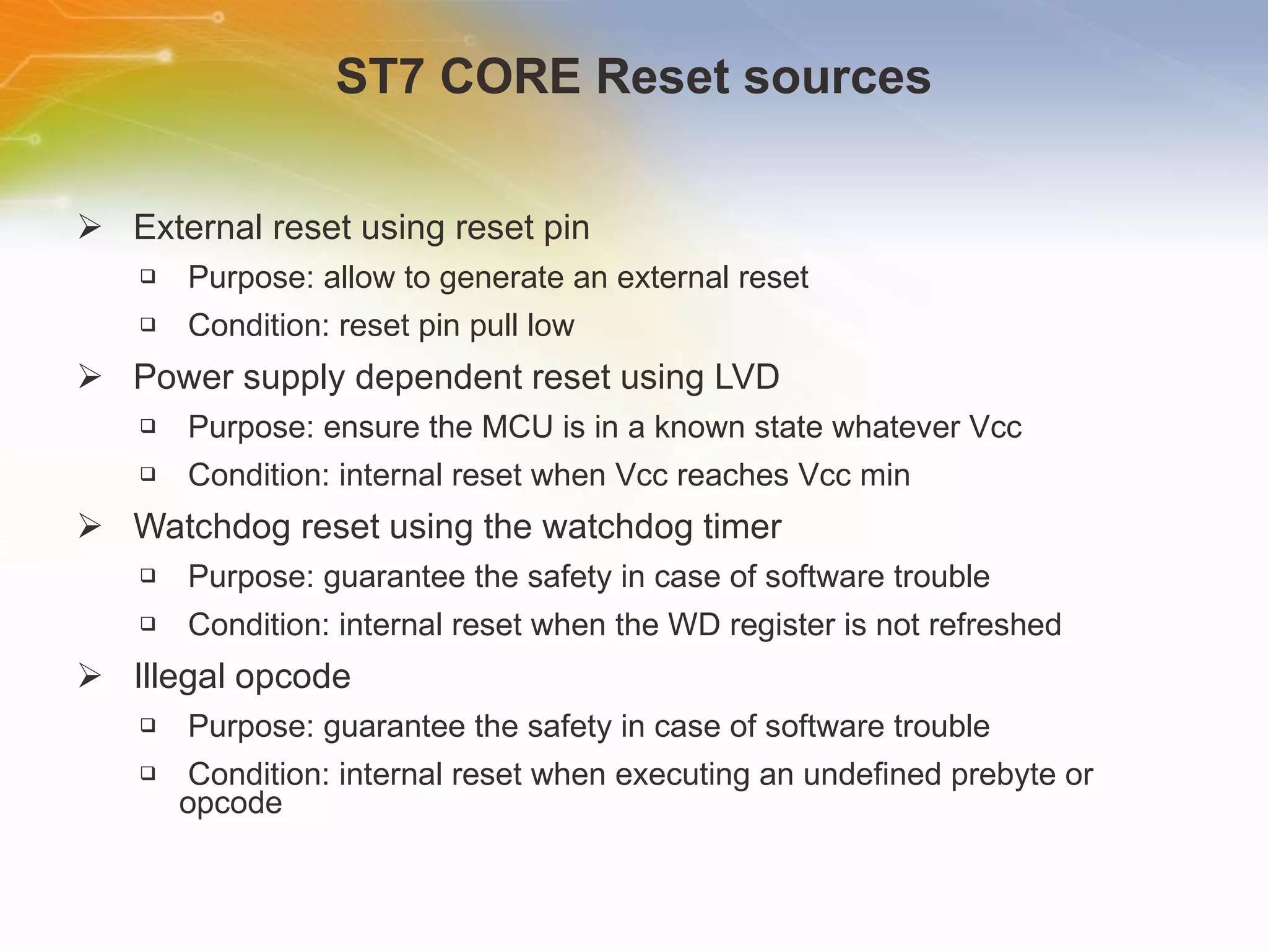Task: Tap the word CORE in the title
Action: pos(510,77)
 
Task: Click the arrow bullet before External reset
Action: pos(90,227)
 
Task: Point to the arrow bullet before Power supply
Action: pos(90,377)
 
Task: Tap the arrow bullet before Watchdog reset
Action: pos(90,527)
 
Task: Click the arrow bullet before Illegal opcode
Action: pos(90,676)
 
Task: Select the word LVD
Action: pos(747,377)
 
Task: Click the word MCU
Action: pos(517,427)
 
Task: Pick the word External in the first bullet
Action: pos(198,227)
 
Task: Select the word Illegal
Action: pos(179,676)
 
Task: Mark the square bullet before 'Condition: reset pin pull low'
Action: pos(147,324)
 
